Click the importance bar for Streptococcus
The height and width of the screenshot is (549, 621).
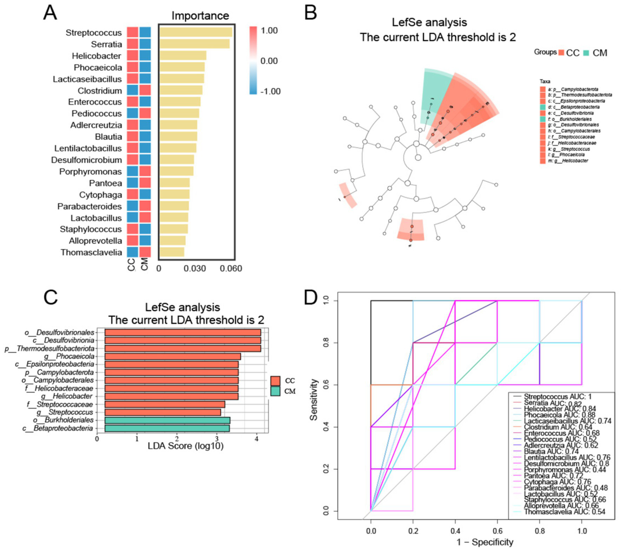point(196,32)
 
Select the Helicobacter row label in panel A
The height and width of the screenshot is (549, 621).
point(96,56)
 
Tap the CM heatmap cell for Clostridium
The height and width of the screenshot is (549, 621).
point(145,90)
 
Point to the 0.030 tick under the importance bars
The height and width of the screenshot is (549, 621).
point(195,269)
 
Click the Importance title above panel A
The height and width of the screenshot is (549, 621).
point(200,16)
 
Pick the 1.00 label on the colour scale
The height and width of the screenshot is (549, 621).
point(269,31)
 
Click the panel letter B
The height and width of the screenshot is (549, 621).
point(310,13)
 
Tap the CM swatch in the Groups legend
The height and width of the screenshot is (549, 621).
point(586,53)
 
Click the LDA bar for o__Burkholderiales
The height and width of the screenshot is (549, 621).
point(167,420)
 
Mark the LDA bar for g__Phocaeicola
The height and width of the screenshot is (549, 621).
point(172,356)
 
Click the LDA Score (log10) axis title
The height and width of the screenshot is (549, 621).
point(185,446)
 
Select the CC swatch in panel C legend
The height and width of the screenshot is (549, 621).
point(276,381)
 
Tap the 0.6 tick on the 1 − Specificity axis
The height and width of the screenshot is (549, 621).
point(498,531)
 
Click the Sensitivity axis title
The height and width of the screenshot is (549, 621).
point(314,400)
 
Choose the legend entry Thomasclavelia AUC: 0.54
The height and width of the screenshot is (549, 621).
point(564,512)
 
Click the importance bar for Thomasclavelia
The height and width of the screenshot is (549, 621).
point(172,252)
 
